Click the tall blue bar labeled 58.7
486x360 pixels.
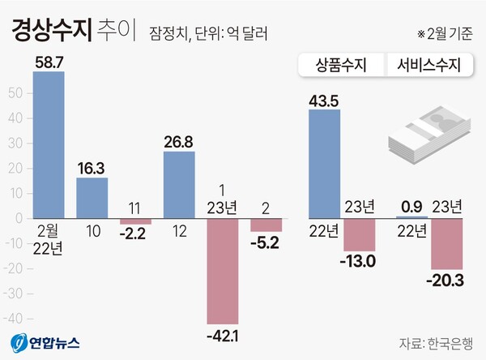click(48, 144)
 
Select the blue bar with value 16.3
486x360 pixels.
click(92, 197)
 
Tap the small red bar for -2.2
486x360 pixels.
click(135, 221)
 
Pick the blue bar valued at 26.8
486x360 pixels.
click(179, 184)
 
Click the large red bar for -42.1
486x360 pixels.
click(223, 271)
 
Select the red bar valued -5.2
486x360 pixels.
click(266, 225)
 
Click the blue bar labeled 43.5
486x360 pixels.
click(325, 163)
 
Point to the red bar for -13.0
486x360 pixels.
click(360, 234)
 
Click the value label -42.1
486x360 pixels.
click(223, 333)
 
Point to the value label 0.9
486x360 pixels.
click(412, 206)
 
